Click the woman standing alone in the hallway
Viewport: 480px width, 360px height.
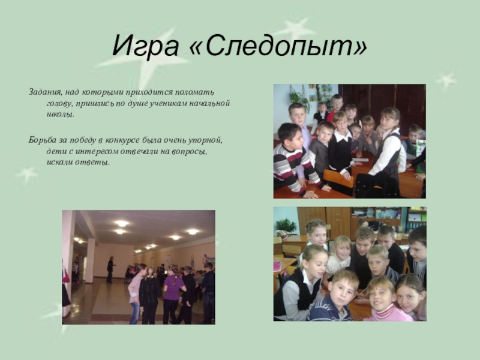(110, 269)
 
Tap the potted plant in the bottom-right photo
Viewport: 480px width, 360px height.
(286, 227)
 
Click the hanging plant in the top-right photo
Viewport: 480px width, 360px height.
(298, 98)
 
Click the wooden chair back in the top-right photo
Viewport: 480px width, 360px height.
(338, 178)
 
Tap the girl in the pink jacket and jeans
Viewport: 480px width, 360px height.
(136, 294)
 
